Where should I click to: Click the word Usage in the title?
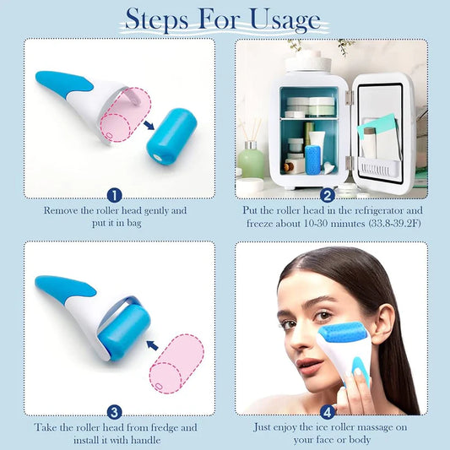(285, 20)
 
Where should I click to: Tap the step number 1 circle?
(115, 196)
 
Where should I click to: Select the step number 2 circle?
(328, 196)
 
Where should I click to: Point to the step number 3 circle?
(115, 413)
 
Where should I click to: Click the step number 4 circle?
(328, 412)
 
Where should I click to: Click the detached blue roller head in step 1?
(171, 136)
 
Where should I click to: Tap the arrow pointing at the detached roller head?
(149, 125)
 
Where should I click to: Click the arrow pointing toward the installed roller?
(152, 345)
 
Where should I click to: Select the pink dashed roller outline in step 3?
(176, 364)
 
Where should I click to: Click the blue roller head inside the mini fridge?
(313, 160)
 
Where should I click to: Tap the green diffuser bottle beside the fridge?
(251, 160)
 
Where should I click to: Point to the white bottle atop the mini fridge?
(308, 61)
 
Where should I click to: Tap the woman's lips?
(306, 366)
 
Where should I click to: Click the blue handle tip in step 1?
(41, 76)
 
